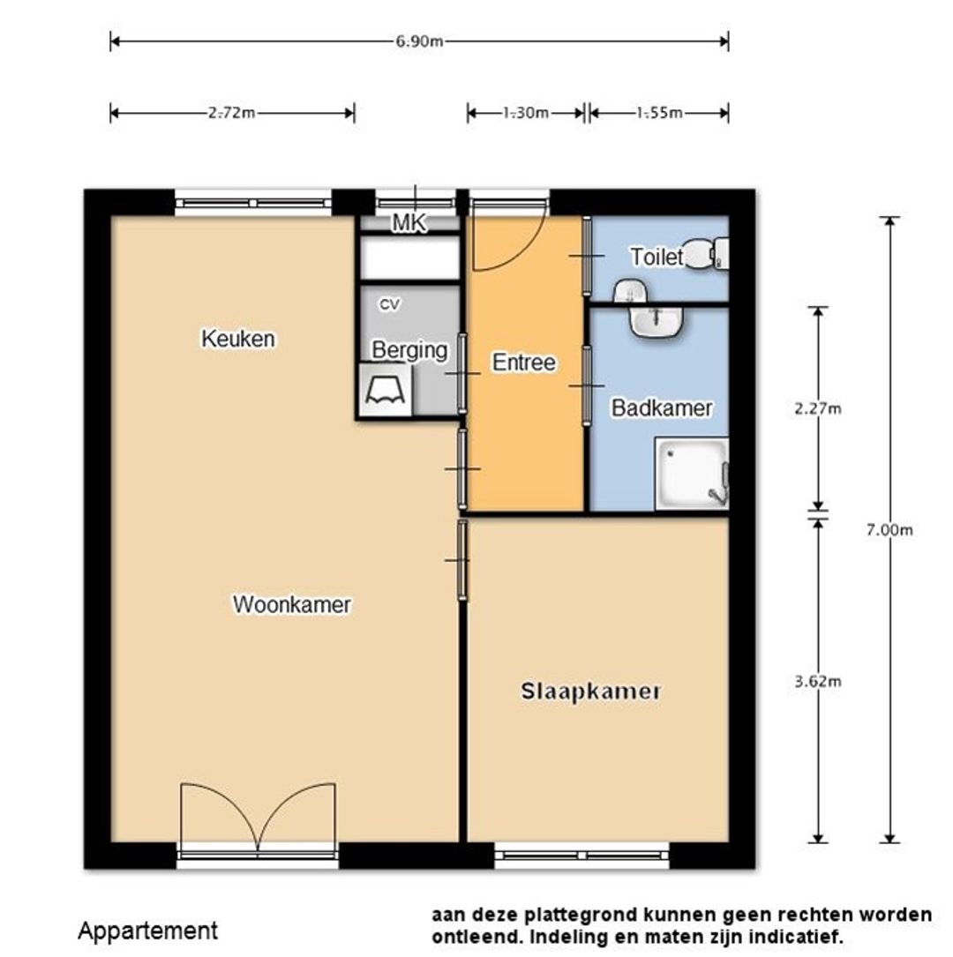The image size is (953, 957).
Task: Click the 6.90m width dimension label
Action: (419, 41)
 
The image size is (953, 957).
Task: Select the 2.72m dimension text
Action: (231, 113)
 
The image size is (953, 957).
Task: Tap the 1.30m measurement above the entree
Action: (525, 113)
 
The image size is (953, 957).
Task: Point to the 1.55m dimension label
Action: (659, 113)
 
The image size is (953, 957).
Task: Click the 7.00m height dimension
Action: (889, 530)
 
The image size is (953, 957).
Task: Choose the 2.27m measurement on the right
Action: (817, 408)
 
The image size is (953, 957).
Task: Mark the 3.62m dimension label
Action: (817, 681)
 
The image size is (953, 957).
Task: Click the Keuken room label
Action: (238, 339)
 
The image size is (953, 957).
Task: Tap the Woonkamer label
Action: (292, 604)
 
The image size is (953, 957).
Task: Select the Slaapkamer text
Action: (590, 692)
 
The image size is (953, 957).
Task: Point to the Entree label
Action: (524, 363)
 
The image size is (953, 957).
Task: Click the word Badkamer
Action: (662, 407)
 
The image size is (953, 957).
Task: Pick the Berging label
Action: (409, 350)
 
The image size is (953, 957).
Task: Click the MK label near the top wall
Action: (409, 223)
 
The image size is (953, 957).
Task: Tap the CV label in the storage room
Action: (389, 304)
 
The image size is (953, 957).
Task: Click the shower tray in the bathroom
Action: (692, 474)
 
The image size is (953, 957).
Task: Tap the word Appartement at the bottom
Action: (147, 931)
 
